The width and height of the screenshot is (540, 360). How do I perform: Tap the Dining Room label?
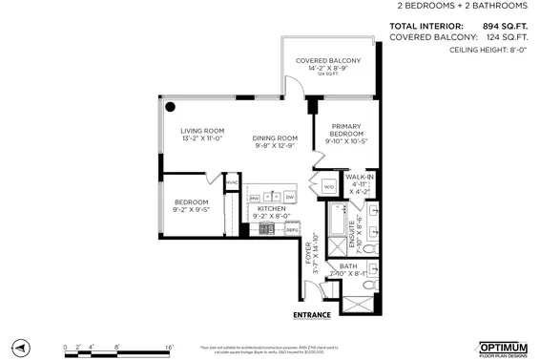275,141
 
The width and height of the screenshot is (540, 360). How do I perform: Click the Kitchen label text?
272,211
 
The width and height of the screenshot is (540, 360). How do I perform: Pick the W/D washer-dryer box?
328,186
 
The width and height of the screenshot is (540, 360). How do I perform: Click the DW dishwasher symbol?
289,197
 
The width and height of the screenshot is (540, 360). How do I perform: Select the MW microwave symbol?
255,197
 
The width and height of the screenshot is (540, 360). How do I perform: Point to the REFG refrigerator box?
292,229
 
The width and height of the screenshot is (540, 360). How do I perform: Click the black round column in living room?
169,106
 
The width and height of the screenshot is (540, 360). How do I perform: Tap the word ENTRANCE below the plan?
311,314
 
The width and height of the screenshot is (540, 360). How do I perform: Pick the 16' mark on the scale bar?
168,348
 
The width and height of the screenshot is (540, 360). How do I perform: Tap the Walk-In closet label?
359,183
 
